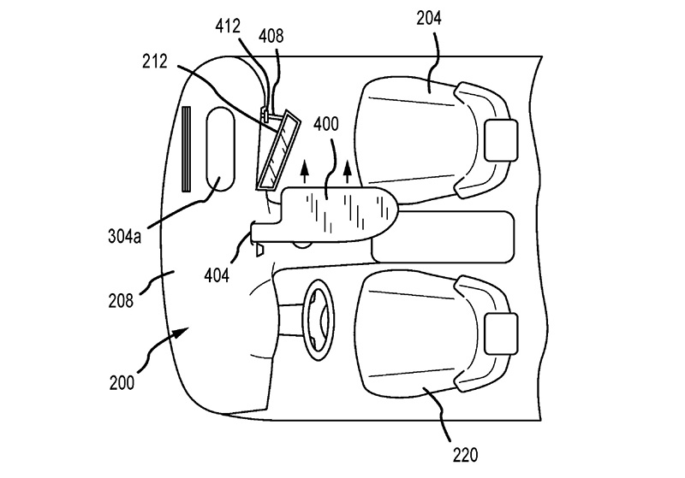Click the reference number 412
pyautogui.click(x=228, y=27)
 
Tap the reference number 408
pyautogui.click(x=271, y=36)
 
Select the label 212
pyautogui.click(x=155, y=62)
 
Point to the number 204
pyautogui.click(x=429, y=18)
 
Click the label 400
pyautogui.click(x=326, y=124)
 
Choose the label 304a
pyautogui.click(x=124, y=237)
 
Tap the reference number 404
pyautogui.click(x=217, y=275)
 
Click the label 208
pyautogui.click(x=121, y=301)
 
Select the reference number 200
pyautogui.click(x=122, y=383)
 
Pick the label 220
pyautogui.click(x=465, y=455)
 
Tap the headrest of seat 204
pyautogui.click(x=502, y=140)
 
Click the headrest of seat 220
pyautogui.click(x=502, y=333)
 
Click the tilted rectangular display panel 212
pyautogui.click(x=278, y=150)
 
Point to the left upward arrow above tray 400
pyautogui.click(x=305, y=171)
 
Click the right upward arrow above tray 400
pyautogui.click(x=348, y=171)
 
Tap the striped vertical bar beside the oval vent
pyautogui.click(x=187, y=149)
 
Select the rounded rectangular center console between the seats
pyautogui.click(x=443, y=237)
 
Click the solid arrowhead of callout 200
pyautogui.click(x=182, y=333)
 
